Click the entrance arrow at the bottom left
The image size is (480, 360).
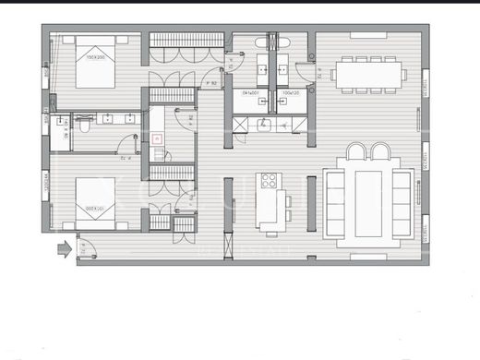tap(64, 247)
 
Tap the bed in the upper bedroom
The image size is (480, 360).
tap(94, 63)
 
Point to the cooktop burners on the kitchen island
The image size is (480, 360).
tap(270, 182)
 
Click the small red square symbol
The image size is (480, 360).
tap(156, 138)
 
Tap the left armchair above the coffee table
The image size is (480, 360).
tap(357, 152)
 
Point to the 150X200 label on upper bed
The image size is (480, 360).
tap(95, 57)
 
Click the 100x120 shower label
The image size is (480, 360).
tap(291, 93)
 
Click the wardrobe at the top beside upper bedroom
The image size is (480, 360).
tap(187, 39)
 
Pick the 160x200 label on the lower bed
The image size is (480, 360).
tap(95, 209)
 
